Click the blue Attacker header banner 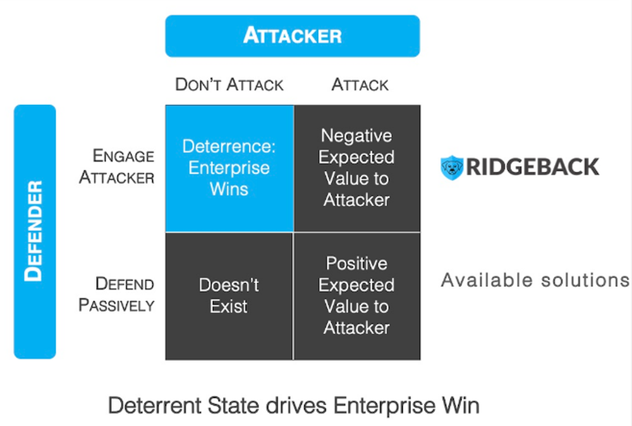click(x=292, y=36)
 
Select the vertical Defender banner click(x=35, y=231)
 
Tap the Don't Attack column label click(x=229, y=85)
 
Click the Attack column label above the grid click(x=360, y=85)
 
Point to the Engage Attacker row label click(x=117, y=166)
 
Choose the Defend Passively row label click(x=117, y=295)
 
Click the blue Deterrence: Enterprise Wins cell click(x=229, y=167)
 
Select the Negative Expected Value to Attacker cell click(x=356, y=167)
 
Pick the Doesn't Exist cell click(x=229, y=296)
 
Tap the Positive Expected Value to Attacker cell click(x=356, y=296)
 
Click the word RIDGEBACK click(x=532, y=167)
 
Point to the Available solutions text click(x=535, y=280)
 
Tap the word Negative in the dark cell click(x=356, y=136)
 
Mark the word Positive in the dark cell click(x=356, y=264)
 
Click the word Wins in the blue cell click(x=229, y=189)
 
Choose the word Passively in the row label click(x=117, y=305)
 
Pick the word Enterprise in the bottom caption click(x=376, y=405)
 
